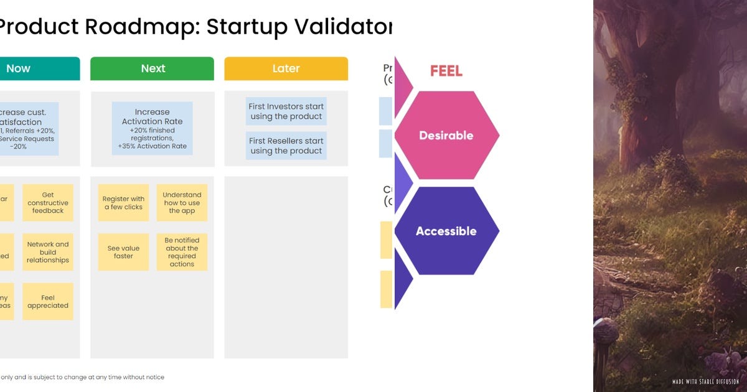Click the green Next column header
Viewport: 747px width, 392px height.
click(x=153, y=68)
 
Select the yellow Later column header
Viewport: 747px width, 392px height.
click(x=286, y=68)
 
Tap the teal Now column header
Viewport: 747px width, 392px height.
click(x=25, y=68)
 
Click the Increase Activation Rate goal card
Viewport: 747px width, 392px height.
click(x=153, y=129)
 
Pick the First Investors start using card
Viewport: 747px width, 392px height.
click(x=286, y=111)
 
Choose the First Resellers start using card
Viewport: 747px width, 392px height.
click(x=286, y=146)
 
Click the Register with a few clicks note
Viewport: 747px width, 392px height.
click(x=123, y=203)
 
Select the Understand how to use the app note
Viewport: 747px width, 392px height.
click(x=182, y=203)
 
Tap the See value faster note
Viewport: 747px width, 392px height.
click(x=123, y=252)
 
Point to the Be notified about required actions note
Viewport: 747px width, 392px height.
click(x=182, y=252)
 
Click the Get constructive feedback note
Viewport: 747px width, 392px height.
click(x=48, y=203)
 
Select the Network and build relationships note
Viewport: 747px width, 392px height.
click(x=48, y=252)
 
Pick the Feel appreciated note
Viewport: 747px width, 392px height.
click(x=48, y=302)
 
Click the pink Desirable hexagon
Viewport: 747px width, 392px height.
click(x=446, y=135)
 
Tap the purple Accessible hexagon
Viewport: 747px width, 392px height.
click(x=446, y=231)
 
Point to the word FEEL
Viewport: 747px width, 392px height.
click(x=446, y=71)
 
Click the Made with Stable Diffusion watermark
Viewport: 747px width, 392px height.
click(x=706, y=381)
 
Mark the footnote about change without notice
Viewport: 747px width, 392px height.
click(x=83, y=377)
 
